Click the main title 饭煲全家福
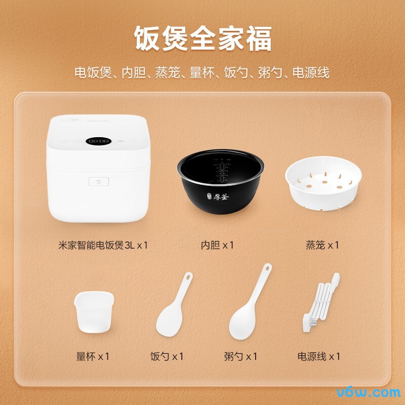[202, 38]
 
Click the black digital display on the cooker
[98, 141]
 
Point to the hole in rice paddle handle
[189, 278]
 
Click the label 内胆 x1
[217, 245]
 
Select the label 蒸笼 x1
[322, 245]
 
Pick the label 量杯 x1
[93, 356]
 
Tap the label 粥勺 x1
[241, 356]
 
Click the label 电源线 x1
[319, 356]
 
